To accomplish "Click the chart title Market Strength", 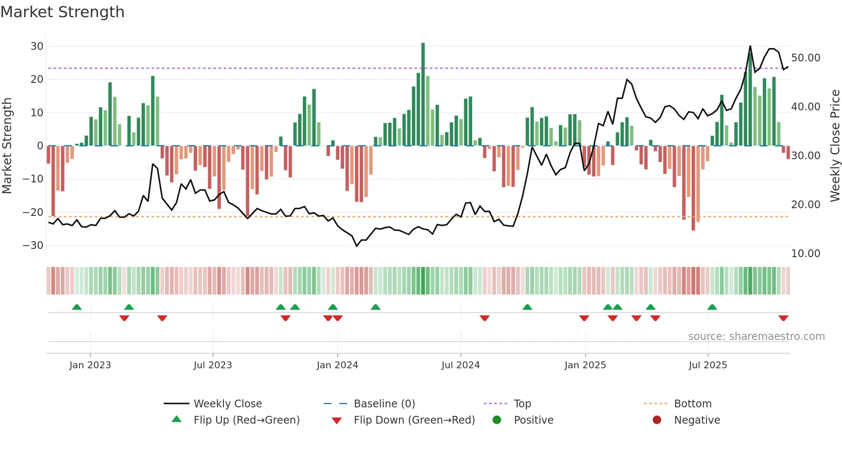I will tap(62, 12).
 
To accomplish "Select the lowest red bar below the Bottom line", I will tap(693, 189).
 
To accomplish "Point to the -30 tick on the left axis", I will tap(33, 246).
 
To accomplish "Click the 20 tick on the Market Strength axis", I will tap(37, 79).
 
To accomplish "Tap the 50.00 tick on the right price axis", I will tap(805, 58).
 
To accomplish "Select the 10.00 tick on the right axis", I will tap(805, 254).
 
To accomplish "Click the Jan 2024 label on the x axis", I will tap(337, 365).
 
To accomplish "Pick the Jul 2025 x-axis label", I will tap(708, 365).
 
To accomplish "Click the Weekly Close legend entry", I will tap(228, 404).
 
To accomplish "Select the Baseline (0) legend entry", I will tap(384, 404).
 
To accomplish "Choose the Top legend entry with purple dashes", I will tap(522, 404).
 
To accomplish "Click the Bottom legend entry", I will tap(693, 404).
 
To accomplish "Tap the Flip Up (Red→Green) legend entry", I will tap(246, 420).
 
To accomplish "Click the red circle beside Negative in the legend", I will tap(657, 420).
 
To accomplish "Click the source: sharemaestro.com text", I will tap(756, 337).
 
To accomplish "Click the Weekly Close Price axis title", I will tap(835, 146).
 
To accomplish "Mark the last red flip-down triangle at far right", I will tap(783, 318).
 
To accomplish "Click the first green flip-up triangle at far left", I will tap(77, 307).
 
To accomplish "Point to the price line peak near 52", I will tap(750, 46).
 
